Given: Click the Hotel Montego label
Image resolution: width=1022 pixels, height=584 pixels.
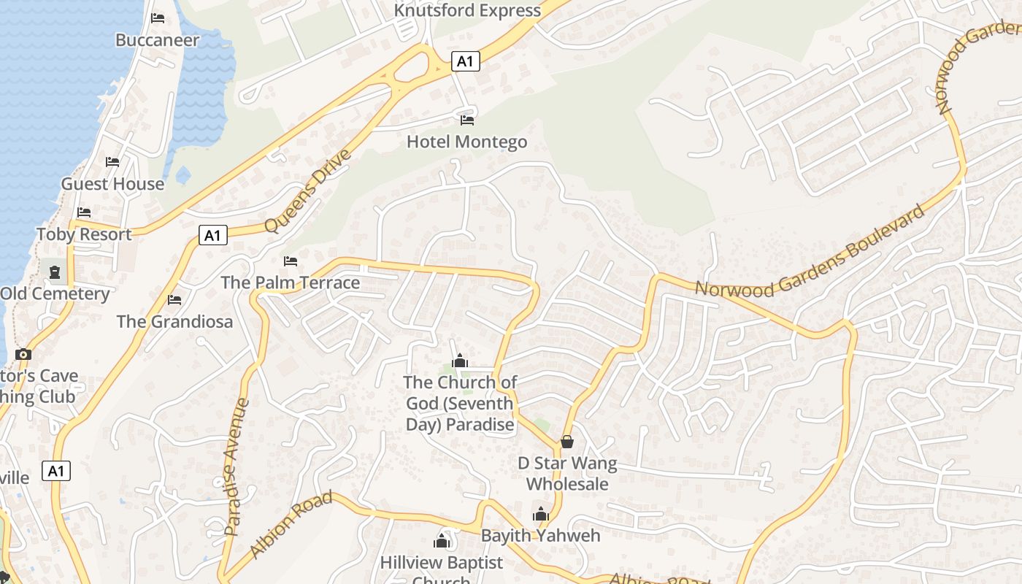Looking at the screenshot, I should tap(466, 142).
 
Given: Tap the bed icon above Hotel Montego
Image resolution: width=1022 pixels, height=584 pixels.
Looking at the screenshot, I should tap(467, 120).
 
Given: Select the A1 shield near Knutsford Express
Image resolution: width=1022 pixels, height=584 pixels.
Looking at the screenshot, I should tap(465, 62).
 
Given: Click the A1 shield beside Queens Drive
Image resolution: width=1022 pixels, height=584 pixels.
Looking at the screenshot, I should tap(212, 236).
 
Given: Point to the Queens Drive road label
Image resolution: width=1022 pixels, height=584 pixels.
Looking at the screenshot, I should tap(308, 191).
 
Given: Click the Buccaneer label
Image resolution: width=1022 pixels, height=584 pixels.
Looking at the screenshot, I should tap(157, 40).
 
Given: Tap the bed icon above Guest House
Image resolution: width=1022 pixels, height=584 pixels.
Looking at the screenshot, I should tap(112, 162).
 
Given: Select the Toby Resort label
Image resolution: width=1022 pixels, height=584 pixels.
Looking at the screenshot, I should tap(84, 234).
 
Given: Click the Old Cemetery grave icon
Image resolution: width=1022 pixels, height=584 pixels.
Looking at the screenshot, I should tap(55, 272).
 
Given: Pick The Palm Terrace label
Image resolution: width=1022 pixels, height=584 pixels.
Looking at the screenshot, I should tap(291, 283).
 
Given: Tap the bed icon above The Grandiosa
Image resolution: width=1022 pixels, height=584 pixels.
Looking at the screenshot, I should tap(174, 300).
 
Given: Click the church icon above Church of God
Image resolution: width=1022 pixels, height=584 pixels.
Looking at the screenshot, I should tap(459, 361).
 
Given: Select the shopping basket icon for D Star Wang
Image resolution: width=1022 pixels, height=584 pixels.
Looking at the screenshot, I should tap(566, 442).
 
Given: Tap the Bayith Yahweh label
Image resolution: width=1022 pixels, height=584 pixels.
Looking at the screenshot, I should tap(540, 535).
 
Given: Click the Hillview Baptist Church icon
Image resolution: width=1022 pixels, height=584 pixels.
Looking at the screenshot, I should tap(441, 541).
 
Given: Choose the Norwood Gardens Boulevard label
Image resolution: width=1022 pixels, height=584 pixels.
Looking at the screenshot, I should tap(810, 253).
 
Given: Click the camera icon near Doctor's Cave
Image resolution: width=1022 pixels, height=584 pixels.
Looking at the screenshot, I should tap(23, 355).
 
